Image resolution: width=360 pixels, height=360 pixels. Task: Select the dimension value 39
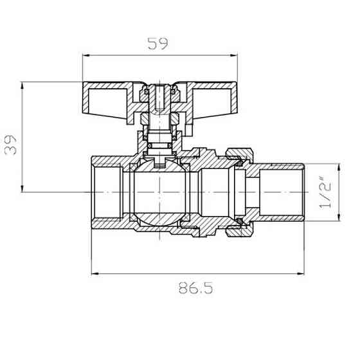[x=11, y=143]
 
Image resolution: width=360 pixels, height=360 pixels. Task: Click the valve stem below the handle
[x=159, y=132]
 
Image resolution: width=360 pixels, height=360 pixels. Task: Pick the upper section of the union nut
[x=238, y=155]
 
